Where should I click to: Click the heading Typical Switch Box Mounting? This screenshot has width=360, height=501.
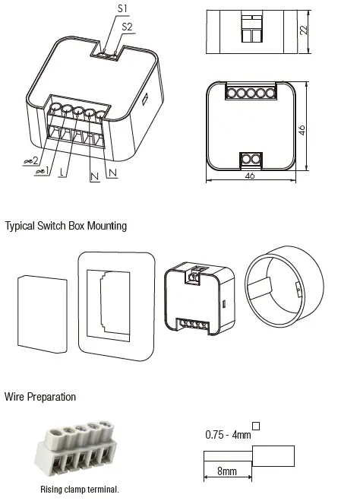(66, 226)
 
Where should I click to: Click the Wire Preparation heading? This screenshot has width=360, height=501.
(40, 397)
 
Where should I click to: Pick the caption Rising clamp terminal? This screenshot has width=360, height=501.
(80, 490)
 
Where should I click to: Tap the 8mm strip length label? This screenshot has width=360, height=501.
(227, 471)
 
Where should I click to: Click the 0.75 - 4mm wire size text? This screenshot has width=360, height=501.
(227, 435)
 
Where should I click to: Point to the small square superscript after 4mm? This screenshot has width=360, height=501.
(256, 426)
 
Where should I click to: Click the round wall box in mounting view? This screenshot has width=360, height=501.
(285, 287)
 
